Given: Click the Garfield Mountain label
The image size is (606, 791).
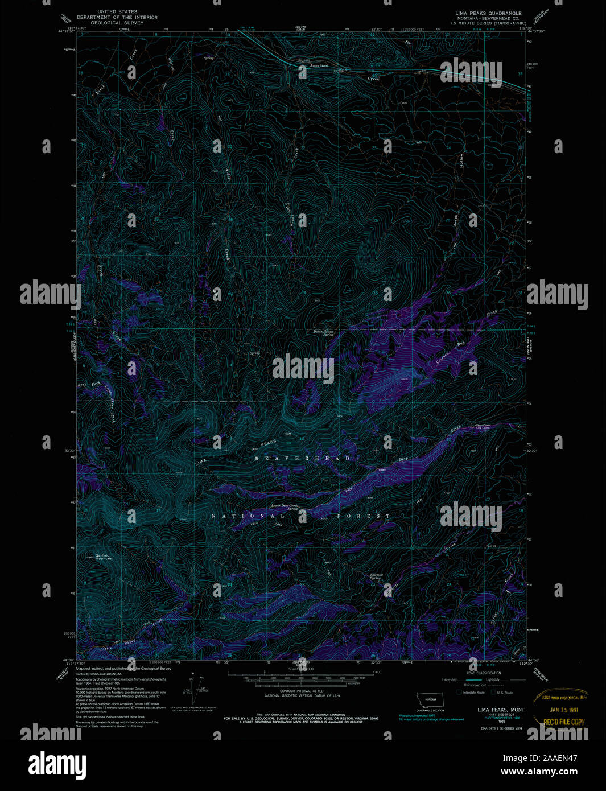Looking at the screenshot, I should [104, 557].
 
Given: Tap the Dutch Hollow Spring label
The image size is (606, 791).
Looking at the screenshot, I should [323, 333].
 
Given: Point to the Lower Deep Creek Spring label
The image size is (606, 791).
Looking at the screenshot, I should [284, 506].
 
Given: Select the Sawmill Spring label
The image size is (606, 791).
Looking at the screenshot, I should [375, 576].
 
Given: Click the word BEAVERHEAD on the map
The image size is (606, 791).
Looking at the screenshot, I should [302, 458].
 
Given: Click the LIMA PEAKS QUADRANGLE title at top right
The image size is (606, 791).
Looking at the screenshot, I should [488, 13].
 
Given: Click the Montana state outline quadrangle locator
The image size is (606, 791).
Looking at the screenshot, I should [430, 700].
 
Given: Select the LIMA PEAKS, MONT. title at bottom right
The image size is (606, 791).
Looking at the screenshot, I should [501, 710].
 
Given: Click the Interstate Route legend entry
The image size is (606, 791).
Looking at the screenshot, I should [472, 693].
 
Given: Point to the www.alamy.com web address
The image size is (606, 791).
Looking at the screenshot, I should [539, 772].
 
